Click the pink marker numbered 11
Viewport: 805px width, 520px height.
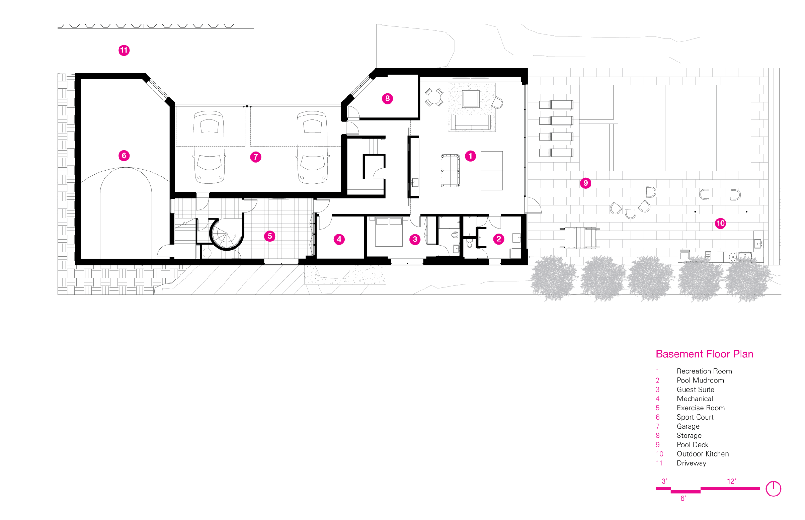point(124,50)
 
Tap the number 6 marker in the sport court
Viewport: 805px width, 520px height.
point(124,156)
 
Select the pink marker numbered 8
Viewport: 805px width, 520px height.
point(387,99)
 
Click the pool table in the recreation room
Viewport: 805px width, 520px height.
point(450,171)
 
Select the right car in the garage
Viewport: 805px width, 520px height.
point(312,148)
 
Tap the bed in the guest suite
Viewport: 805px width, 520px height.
point(389,232)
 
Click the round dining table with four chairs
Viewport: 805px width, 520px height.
point(434,97)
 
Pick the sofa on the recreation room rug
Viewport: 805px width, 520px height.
point(471,122)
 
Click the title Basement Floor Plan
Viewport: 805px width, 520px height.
point(704,354)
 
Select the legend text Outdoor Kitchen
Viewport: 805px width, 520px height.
point(702,454)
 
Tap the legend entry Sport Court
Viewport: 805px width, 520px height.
point(695,417)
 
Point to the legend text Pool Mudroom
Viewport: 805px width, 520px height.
point(700,381)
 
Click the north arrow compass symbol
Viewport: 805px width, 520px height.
point(773,489)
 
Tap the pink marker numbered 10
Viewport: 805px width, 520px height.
point(720,223)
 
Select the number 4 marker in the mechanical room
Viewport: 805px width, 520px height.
point(339,239)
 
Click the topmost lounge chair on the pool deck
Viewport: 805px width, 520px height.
point(556,105)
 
